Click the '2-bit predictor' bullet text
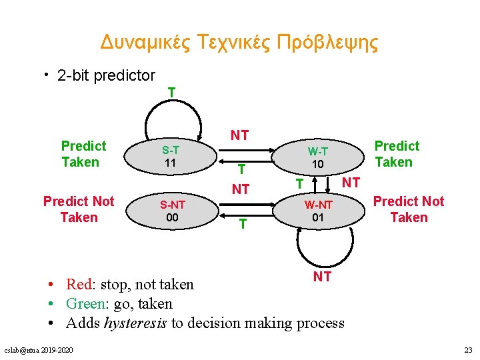106,76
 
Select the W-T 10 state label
317,157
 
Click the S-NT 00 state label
173,211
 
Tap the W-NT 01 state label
317,211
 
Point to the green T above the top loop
172,92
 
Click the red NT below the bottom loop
322,276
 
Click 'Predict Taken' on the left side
83,154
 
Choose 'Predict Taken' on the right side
397,154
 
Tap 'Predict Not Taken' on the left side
79,209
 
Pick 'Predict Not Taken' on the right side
408,209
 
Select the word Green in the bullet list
85,304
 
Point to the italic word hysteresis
135,323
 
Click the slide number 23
467,350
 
